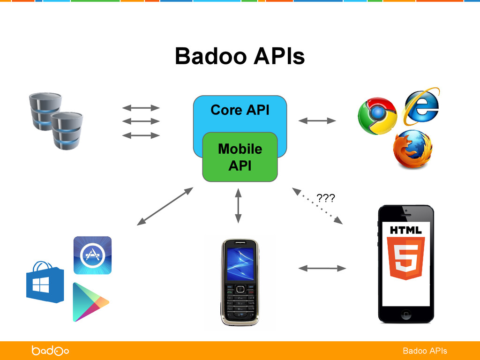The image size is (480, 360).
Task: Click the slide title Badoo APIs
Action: tap(240, 57)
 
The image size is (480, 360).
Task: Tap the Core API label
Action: tap(240, 110)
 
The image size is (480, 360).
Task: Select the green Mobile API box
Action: tap(240, 157)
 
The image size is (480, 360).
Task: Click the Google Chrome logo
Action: tap(376, 116)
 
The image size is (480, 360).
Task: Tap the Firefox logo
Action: tap(412, 150)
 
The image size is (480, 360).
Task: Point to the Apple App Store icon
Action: tap(92, 255)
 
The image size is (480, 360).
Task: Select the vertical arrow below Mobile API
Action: tap(238, 205)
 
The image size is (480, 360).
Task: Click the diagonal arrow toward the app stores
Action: tap(165, 206)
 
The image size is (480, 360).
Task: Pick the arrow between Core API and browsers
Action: tap(317, 120)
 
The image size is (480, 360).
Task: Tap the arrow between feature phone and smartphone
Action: tap(322, 268)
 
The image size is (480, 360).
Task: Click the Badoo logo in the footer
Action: tap(50, 351)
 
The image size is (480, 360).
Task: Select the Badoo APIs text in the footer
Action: tap(425, 351)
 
